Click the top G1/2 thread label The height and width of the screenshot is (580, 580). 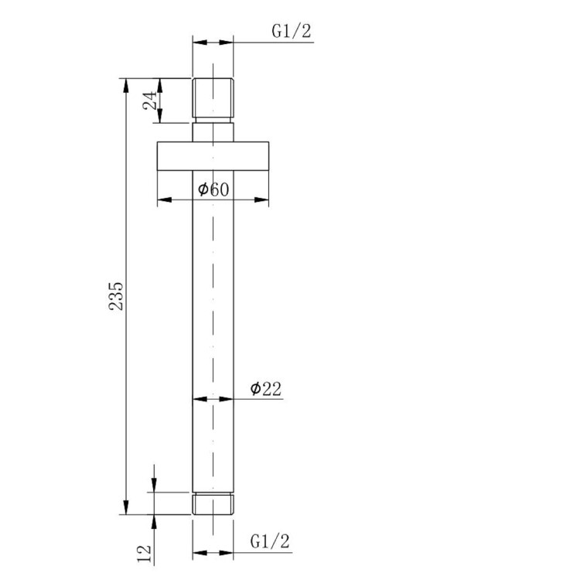coord(291,32)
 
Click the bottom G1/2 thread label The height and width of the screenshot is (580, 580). coord(271,541)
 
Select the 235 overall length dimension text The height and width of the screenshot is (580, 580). coord(116,295)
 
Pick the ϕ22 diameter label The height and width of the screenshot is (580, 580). coord(265,389)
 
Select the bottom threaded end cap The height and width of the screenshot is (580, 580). coord(213,503)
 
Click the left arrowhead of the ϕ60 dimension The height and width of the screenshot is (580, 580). coord(162,200)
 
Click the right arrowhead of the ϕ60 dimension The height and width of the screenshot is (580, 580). coord(263,200)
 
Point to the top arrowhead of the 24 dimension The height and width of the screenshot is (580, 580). coord(159,84)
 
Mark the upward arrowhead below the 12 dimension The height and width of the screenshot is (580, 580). coord(155,520)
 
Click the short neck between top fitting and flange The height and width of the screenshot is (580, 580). coord(213,131)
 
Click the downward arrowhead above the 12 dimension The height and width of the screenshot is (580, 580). coord(155,485)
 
